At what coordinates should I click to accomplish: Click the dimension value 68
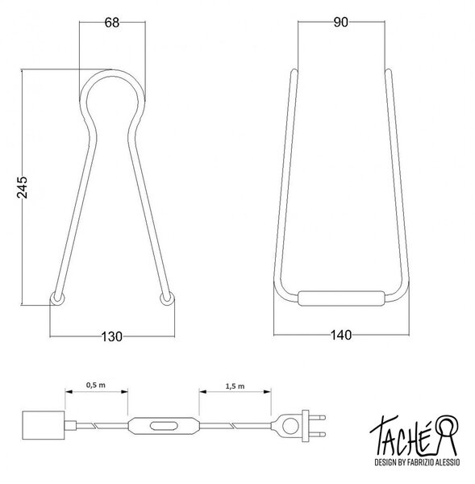(x=112, y=23)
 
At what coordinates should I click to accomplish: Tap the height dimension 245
(x=23, y=187)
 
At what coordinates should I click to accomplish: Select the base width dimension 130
(x=112, y=336)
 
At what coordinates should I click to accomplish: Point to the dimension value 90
(x=341, y=23)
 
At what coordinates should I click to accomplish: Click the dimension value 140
(x=341, y=335)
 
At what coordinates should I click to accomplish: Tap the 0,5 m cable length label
(x=96, y=385)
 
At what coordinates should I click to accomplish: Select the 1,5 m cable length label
(x=235, y=386)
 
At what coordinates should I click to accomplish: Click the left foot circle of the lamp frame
(x=57, y=298)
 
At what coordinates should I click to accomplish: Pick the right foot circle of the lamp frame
(x=167, y=298)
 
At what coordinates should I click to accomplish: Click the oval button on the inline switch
(x=164, y=426)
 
